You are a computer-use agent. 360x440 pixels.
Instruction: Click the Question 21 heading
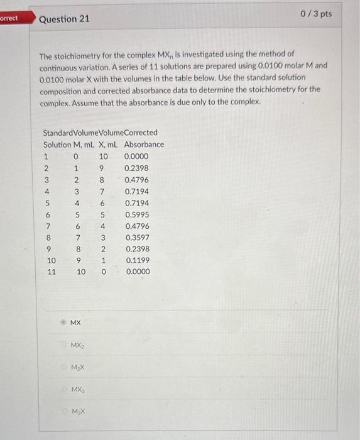64,19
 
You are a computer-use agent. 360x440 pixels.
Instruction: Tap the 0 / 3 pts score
317,14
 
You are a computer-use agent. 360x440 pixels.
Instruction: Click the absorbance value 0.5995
137,215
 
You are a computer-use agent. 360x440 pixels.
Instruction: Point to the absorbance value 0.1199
137,260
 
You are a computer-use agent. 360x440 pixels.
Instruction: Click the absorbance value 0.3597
137,238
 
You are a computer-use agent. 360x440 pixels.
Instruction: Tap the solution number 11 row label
52,272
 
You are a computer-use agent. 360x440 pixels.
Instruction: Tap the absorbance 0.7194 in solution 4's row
137,192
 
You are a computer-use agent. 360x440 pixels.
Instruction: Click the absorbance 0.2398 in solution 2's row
137,168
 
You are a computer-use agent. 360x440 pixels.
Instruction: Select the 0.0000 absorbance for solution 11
137,272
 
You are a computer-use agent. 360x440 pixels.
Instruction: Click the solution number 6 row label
46,215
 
